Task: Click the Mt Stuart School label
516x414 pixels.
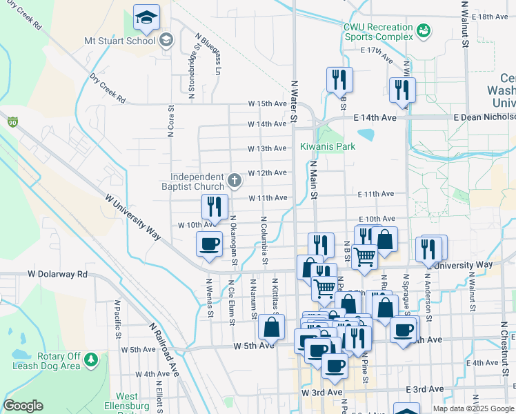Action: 119,41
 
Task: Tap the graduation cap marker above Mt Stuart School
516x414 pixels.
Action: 146,19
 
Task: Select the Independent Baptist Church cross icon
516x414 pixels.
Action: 235,181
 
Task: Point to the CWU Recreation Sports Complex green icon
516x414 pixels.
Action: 423,30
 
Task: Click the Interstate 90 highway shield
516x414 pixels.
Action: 12,122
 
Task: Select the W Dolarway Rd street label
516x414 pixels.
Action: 58,274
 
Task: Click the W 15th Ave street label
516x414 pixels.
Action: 268,104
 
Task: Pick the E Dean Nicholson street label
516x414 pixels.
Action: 484,118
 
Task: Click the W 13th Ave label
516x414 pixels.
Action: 268,148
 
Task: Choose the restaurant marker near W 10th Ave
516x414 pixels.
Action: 215,208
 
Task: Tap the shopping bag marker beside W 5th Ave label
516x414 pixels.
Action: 272,328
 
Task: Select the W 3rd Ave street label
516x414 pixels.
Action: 322,392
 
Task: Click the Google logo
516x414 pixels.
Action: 23,406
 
